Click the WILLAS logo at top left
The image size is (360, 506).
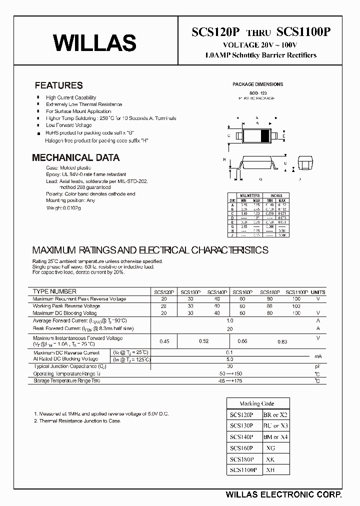tap(94, 43)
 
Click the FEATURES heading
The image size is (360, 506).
tap(59, 85)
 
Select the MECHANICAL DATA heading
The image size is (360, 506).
tap(75, 158)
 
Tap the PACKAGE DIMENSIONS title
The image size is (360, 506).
tap(257, 84)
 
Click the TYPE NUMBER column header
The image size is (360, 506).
tap(54, 291)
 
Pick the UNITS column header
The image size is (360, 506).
tap(317, 292)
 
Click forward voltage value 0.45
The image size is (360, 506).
tap(164, 341)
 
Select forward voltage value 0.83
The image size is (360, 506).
tap(282, 341)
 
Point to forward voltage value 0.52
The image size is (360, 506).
tap(203, 341)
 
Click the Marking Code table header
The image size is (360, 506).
tap(257, 403)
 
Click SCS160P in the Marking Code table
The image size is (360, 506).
tap(242, 448)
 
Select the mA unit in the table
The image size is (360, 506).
tap(317, 356)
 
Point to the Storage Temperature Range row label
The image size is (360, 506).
tap(66, 381)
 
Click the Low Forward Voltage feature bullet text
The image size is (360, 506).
tap(69, 125)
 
